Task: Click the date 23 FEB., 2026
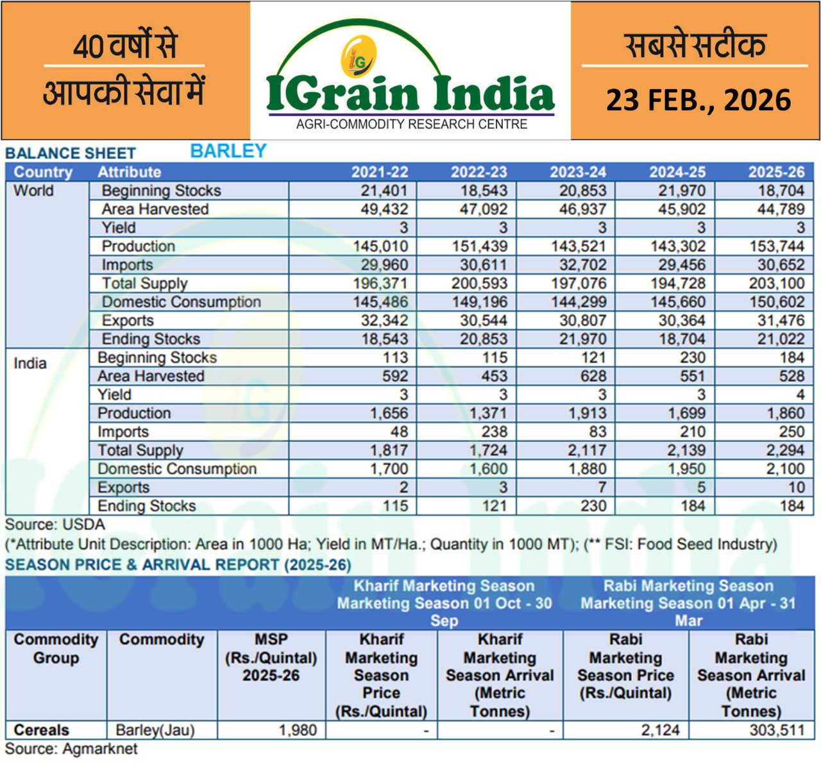(698, 100)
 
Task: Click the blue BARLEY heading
(228, 151)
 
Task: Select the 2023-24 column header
(578, 172)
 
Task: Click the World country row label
(33, 191)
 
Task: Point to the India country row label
(30, 363)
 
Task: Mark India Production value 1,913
(587, 413)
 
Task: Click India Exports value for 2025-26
(796, 488)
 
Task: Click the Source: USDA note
(55, 525)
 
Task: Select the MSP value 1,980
(298, 730)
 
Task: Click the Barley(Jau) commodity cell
(155, 730)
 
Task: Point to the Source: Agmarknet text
(71, 749)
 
